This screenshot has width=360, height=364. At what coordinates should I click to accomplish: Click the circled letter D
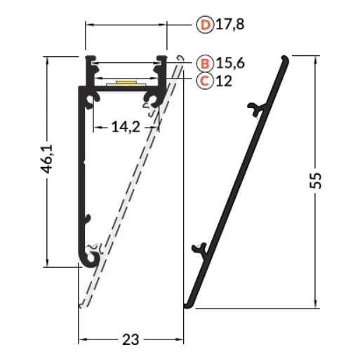pyautogui.click(x=205, y=25)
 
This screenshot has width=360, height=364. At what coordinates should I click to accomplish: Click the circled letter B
pyautogui.click(x=205, y=63)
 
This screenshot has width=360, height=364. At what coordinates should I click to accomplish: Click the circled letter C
pyautogui.click(x=205, y=81)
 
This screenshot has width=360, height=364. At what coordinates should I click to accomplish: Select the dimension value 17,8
pyautogui.click(x=229, y=25)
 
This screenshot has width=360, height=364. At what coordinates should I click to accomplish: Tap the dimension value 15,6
pyautogui.click(x=230, y=63)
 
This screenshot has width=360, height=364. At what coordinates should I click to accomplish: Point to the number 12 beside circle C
pyautogui.click(x=224, y=81)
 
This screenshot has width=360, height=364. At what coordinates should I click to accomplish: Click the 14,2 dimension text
pyautogui.click(x=126, y=127)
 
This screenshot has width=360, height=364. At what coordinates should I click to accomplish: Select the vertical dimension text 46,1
pyautogui.click(x=47, y=159)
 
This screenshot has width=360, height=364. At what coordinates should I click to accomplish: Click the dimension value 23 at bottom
pyautogui.click(x=131, y=339)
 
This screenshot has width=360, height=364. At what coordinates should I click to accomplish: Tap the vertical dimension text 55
pyautogui.click(x=316, y=180)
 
